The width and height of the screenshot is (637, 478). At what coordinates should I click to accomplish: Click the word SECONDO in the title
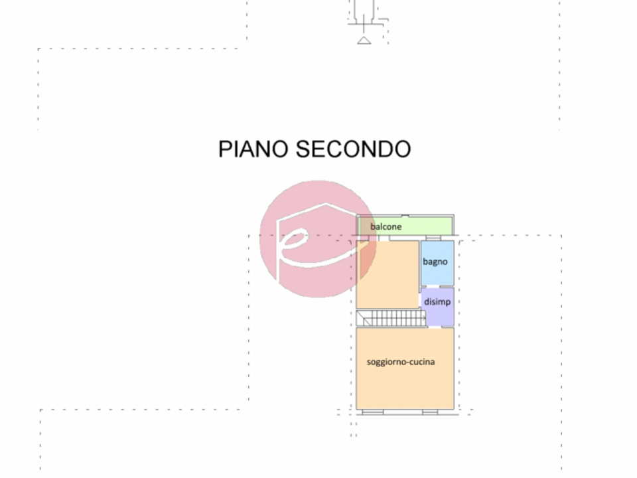[354, 149]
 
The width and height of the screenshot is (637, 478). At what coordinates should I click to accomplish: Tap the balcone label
[386, 227]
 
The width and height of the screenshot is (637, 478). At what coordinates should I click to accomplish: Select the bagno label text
[435, 262]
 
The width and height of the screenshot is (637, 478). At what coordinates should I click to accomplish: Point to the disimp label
[437, 302]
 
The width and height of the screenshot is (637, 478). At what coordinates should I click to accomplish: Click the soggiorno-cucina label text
[401, 362]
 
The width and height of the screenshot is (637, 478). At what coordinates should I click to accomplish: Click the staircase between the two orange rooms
[391, 318]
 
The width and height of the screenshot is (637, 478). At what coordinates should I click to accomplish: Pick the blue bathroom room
[437, 263]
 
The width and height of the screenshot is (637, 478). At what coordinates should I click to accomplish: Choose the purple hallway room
[437, 307]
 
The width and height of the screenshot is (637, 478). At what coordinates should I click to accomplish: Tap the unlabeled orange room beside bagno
[388, 274]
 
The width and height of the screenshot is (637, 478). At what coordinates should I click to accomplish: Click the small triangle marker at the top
[364, 40]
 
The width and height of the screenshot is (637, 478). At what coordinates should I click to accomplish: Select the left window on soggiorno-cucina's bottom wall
[372, 412]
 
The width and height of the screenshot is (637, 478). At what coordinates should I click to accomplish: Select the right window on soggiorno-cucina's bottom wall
[430, 412]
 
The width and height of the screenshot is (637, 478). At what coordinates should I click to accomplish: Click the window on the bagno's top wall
[433, 238]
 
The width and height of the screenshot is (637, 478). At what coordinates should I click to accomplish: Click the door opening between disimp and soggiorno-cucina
[435, 327]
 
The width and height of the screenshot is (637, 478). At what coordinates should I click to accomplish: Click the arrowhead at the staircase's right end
[425, 318]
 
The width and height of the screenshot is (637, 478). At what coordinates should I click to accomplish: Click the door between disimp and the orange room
[420, 301]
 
